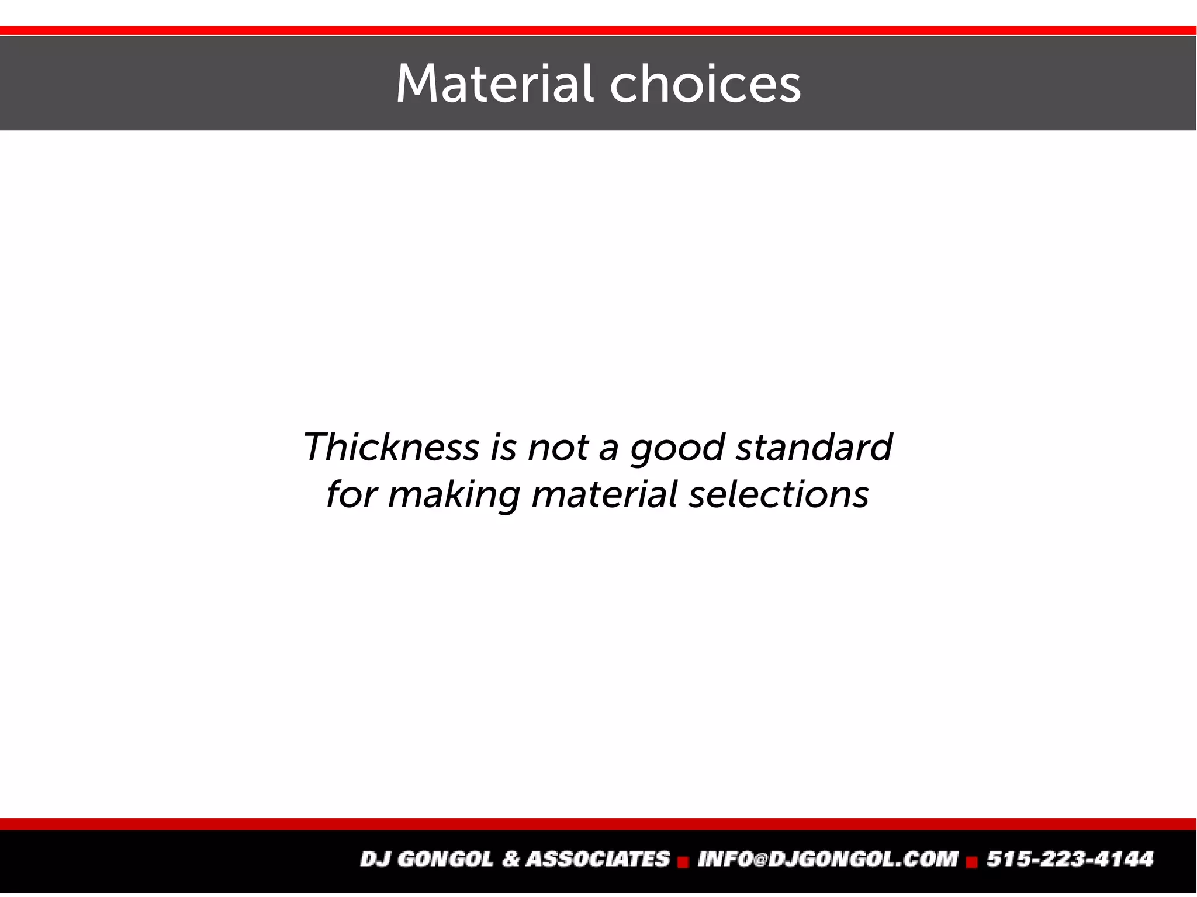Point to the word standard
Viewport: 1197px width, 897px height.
(814, 447)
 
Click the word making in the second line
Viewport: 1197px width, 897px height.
(454, 495)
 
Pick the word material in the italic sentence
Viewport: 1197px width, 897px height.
(604, 494)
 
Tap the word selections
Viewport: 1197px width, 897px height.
(779, 494)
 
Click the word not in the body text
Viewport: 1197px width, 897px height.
(558, 448)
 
